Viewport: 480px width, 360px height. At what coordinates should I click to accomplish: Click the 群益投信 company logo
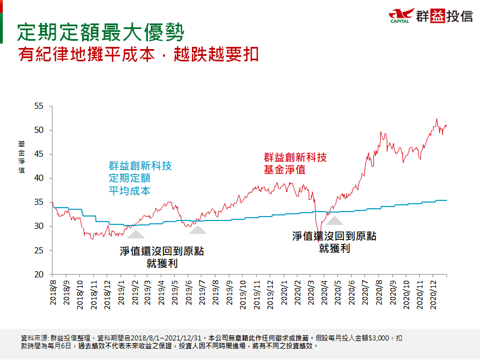[x=431, y=16]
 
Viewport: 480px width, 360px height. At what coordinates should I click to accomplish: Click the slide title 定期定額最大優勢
[x=100, y=32]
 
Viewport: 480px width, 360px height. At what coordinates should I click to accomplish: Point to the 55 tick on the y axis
[x=39, y=106]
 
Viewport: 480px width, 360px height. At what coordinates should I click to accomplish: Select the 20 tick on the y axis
[x=39, y=275]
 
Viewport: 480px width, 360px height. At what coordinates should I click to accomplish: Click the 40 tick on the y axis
[x=39, y=179]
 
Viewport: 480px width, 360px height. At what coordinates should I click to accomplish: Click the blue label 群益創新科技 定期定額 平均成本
[x=140, y=178]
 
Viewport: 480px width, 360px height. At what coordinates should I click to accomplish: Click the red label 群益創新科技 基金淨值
[x=295, y=164]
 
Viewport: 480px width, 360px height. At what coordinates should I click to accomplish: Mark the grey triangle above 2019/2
[x=136, y=233]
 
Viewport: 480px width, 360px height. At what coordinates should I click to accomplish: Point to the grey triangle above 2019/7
[x=198, y=229]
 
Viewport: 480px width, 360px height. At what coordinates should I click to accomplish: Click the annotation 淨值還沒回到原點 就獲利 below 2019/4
[x=162, y=257]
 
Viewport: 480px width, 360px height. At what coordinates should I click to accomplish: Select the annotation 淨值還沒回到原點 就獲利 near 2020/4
[x=334, y=242]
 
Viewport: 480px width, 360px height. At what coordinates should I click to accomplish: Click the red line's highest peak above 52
[x=436, y=119]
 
